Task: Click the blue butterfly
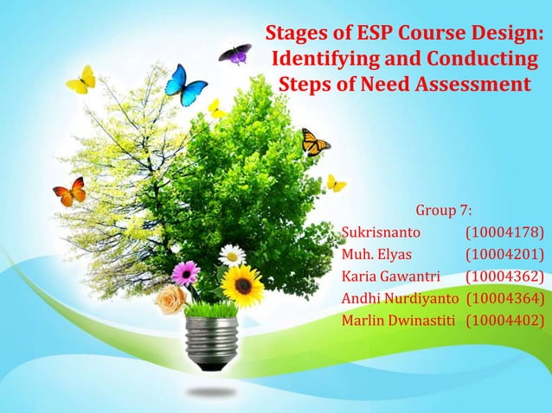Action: click(186, 85)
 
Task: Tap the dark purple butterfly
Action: click(234, 54)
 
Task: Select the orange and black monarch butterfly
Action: click(315, 143)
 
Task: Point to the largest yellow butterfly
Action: click(81, 80)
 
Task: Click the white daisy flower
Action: click(232, 255)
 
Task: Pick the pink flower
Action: click(185, 273)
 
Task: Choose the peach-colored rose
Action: click(171, 299)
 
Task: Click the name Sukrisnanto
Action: click(382, 232)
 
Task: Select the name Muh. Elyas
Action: click(376, 255)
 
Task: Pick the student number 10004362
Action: click(504, 277)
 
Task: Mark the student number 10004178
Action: click(504, 232)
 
